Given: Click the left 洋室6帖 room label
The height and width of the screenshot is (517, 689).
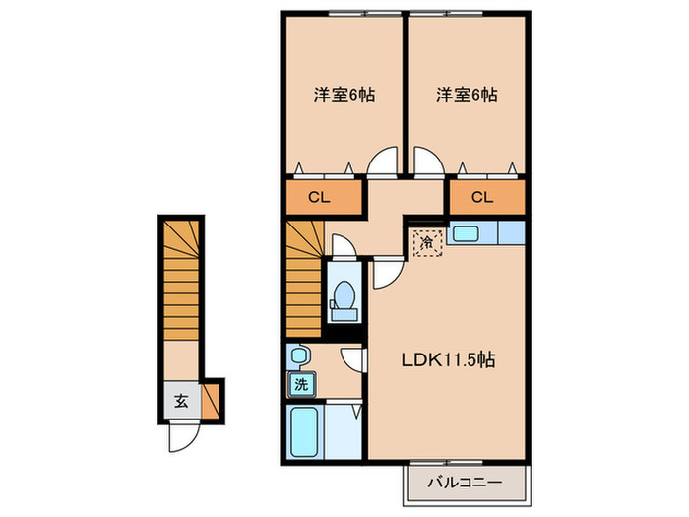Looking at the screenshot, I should (x=344, y=96).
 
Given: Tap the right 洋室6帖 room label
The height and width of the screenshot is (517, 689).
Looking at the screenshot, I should (x=467, y=96).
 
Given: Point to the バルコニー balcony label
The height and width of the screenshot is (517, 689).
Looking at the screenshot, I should (x=466, y=484).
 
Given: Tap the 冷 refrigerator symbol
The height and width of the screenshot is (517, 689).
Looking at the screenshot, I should (x=427, y=241).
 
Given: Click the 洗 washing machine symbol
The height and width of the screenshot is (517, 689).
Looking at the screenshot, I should (x=298, y=382).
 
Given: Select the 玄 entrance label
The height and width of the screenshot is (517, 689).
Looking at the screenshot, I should (x=182, y=401).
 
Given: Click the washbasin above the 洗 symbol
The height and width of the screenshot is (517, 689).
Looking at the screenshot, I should (x=299, y=354).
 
